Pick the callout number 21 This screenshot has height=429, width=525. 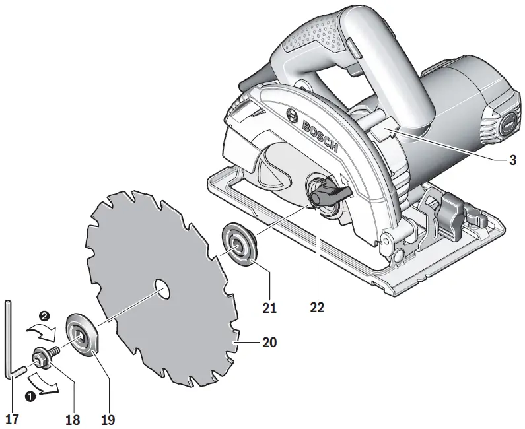(269, 307)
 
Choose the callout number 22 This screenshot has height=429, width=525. (318, 307)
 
